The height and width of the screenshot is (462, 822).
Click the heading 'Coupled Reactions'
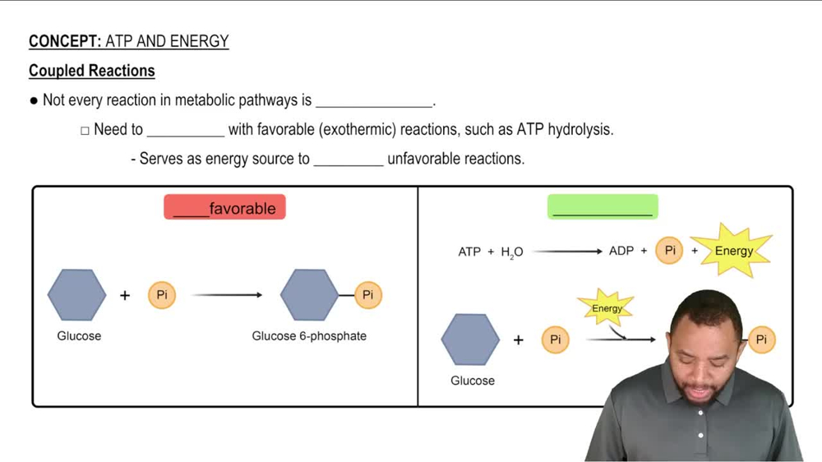91,71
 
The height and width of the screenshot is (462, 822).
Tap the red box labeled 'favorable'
225,208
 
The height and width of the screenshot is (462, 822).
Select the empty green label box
603,207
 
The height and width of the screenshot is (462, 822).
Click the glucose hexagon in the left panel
77,295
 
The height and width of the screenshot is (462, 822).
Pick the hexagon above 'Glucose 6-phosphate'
309,295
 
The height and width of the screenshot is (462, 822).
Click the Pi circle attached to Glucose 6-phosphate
367,295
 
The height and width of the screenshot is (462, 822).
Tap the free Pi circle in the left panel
162,295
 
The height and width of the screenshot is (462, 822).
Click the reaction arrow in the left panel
226,295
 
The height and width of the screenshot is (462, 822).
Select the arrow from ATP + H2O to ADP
567,251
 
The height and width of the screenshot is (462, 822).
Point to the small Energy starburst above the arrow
607,308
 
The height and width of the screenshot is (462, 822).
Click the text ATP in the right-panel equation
469,252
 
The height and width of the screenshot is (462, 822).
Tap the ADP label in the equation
621,251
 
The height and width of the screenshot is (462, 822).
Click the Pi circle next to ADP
669,251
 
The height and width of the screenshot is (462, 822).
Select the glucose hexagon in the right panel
471,340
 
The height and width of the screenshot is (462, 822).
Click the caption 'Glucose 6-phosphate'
309,335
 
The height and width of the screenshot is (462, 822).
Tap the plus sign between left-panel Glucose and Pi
125,295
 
